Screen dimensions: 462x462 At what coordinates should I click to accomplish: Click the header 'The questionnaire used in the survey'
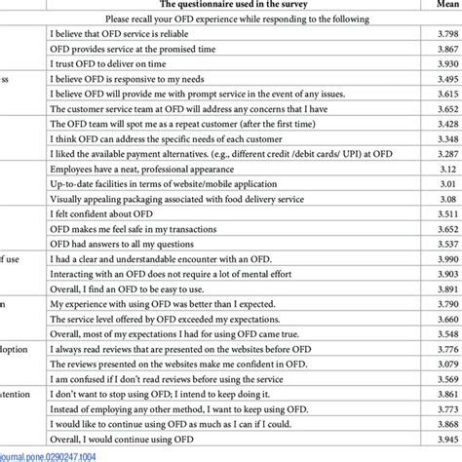point(243,4)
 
